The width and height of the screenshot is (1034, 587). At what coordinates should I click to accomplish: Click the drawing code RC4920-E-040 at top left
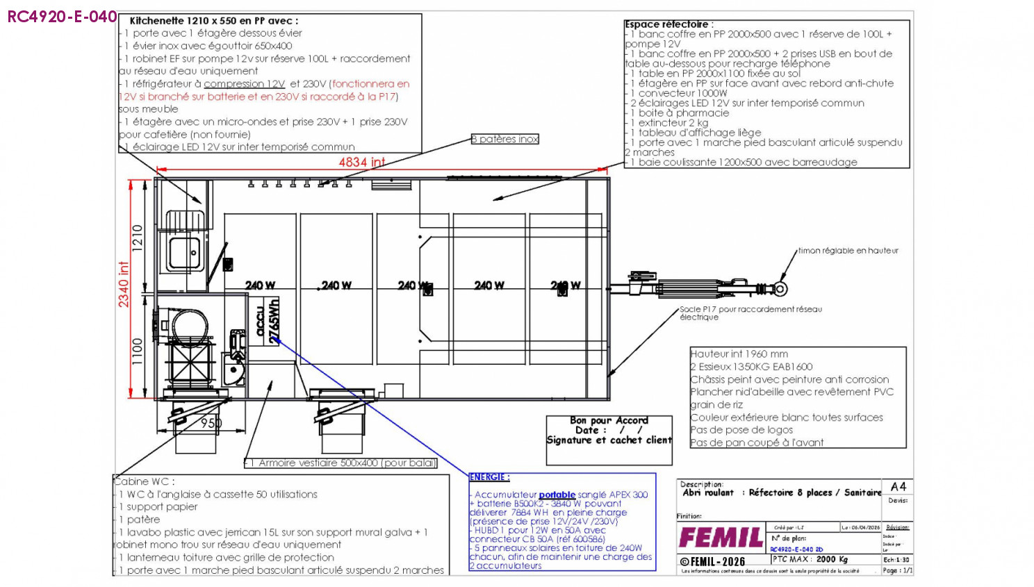pos(62,17)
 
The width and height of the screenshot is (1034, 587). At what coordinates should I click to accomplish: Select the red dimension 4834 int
pos(361,162)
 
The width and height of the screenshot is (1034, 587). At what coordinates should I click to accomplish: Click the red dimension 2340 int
pos(124,284)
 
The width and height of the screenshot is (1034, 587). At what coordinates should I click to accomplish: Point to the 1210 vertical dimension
pos(138,238)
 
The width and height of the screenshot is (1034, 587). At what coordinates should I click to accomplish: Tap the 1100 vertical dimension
pos(138,351)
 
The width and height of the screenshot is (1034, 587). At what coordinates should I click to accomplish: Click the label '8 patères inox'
pos(505,139)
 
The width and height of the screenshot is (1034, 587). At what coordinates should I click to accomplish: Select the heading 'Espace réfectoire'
pos(667,24)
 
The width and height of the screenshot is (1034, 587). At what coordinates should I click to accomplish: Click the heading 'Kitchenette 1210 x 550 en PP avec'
pos(214,21)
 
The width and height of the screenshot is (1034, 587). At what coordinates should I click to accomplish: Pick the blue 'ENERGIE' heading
pos(489,477)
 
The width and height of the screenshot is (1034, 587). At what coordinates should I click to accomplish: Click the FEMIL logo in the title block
pos(720,538)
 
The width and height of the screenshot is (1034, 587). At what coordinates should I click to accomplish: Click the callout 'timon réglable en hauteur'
pos(848,251)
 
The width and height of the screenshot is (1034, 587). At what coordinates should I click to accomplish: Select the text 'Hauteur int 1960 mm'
pos(739,354)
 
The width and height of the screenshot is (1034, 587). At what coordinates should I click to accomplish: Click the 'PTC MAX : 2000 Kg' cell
pos(810,559)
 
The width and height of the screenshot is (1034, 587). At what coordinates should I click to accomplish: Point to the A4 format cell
pos(898,486)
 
